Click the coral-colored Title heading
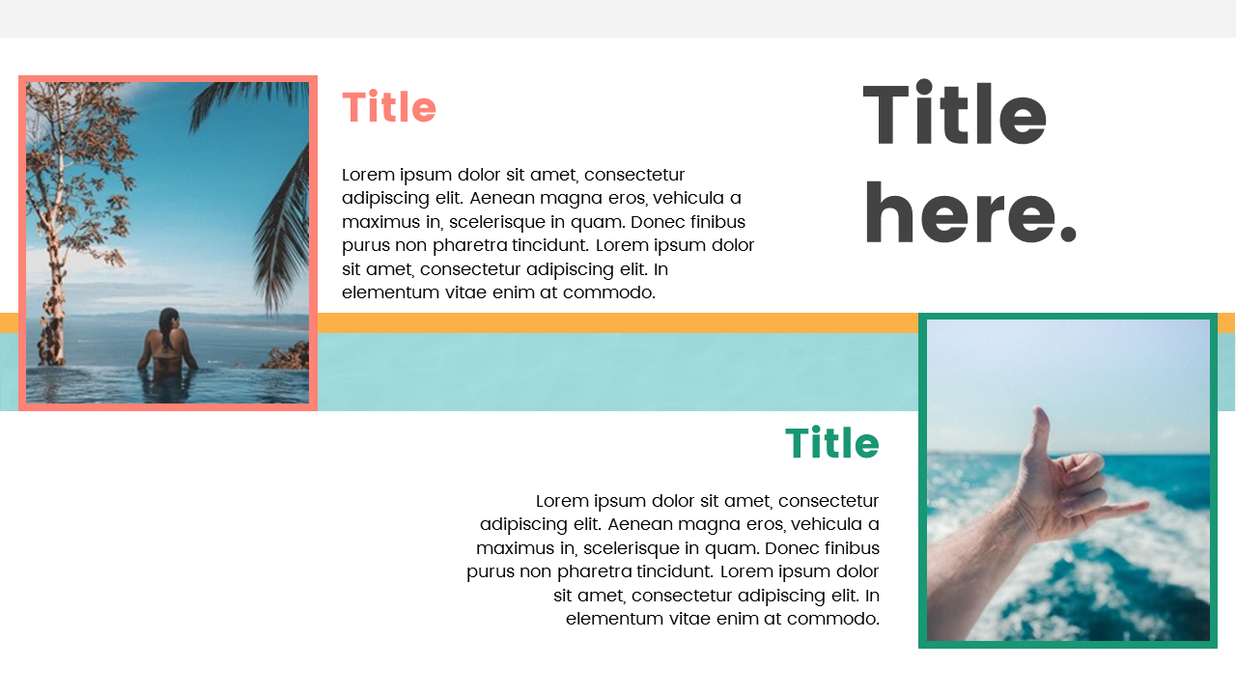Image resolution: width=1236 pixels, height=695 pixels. click(x=389, y=108)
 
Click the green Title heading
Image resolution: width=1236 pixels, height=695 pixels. click(x=831, y=444)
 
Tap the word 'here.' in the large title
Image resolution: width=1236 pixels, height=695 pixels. click(x=969, y=215)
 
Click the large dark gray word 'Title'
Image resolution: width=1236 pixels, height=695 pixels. click(x=954, y=115)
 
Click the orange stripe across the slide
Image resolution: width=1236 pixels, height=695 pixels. click(x=618, y=322)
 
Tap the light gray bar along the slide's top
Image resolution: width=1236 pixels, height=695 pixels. click(x=618, y=18)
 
